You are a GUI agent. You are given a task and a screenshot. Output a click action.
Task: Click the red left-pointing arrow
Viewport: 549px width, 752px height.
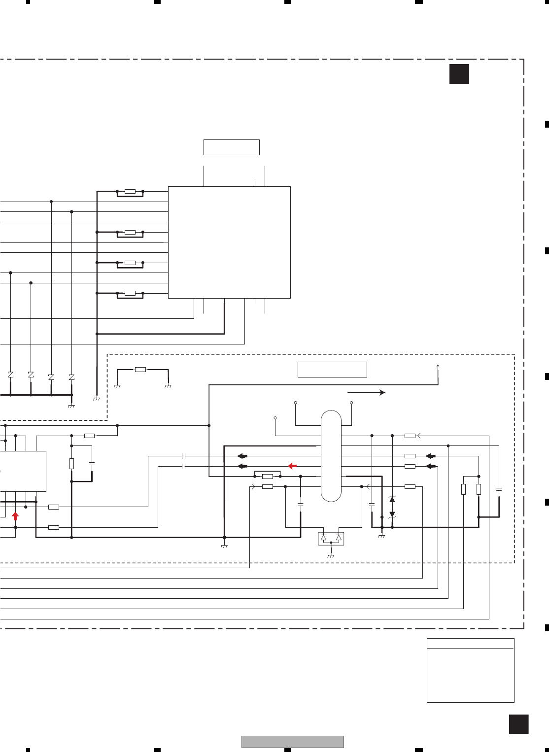point(292,466)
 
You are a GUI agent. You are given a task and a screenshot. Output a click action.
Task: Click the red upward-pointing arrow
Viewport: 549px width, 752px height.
point(15,516)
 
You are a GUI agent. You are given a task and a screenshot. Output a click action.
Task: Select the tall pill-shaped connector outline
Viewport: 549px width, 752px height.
point(331,456)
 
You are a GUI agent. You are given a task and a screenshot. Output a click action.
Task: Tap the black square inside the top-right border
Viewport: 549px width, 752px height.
point(459,74)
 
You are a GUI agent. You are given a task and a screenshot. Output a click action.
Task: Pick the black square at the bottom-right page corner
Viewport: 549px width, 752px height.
point(518,724)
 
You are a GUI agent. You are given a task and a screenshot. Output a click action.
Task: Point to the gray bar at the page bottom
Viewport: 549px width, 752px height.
point(292,742)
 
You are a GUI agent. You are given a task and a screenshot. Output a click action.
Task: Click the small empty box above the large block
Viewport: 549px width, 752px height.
point(231,147)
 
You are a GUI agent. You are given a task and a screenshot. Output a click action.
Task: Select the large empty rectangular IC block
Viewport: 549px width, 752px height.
point(229,242)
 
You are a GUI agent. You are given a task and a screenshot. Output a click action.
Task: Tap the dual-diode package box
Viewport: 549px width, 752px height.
point(331,538)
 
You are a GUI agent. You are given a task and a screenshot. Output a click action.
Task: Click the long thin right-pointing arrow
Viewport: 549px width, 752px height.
point(366,392)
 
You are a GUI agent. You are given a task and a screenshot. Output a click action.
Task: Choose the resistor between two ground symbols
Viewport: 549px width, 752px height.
point(140,370)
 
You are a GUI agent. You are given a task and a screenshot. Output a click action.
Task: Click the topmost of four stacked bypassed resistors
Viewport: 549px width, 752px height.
point(130,191)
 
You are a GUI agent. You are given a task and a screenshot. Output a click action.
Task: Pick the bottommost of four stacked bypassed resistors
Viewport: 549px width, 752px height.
point(130,293)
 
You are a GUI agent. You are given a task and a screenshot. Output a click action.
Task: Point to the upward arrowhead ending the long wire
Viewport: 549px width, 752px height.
point(438,366)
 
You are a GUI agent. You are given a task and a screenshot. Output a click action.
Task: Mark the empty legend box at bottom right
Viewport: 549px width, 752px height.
point(470,670)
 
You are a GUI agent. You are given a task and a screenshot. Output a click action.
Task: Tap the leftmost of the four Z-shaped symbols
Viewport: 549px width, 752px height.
point(10,375)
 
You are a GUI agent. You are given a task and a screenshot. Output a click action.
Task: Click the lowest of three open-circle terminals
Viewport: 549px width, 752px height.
point(275,418)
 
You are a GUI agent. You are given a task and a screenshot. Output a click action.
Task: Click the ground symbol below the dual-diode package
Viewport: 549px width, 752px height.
point(331,555)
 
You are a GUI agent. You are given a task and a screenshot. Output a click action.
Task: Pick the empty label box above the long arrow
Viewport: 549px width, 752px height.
point(332,370)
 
